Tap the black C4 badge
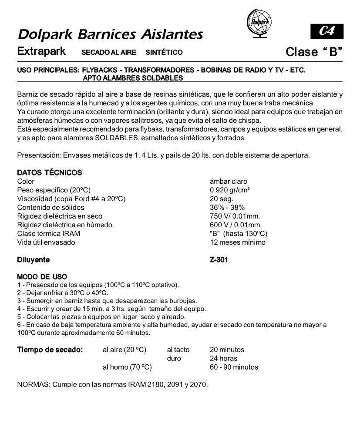point(326,31)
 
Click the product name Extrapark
point(41,51)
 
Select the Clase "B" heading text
point(313,52)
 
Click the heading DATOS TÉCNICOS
point(49,173)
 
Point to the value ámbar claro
point(229,182)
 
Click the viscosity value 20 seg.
point(222,199)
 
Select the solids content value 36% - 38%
point(227,208)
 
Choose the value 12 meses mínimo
point(237,242)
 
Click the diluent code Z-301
point(219,260)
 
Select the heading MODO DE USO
point(42,277)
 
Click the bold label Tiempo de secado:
point(50,350)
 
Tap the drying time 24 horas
point(224,358)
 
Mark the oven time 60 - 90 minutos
point(234,367)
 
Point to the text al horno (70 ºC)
point(127,367)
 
